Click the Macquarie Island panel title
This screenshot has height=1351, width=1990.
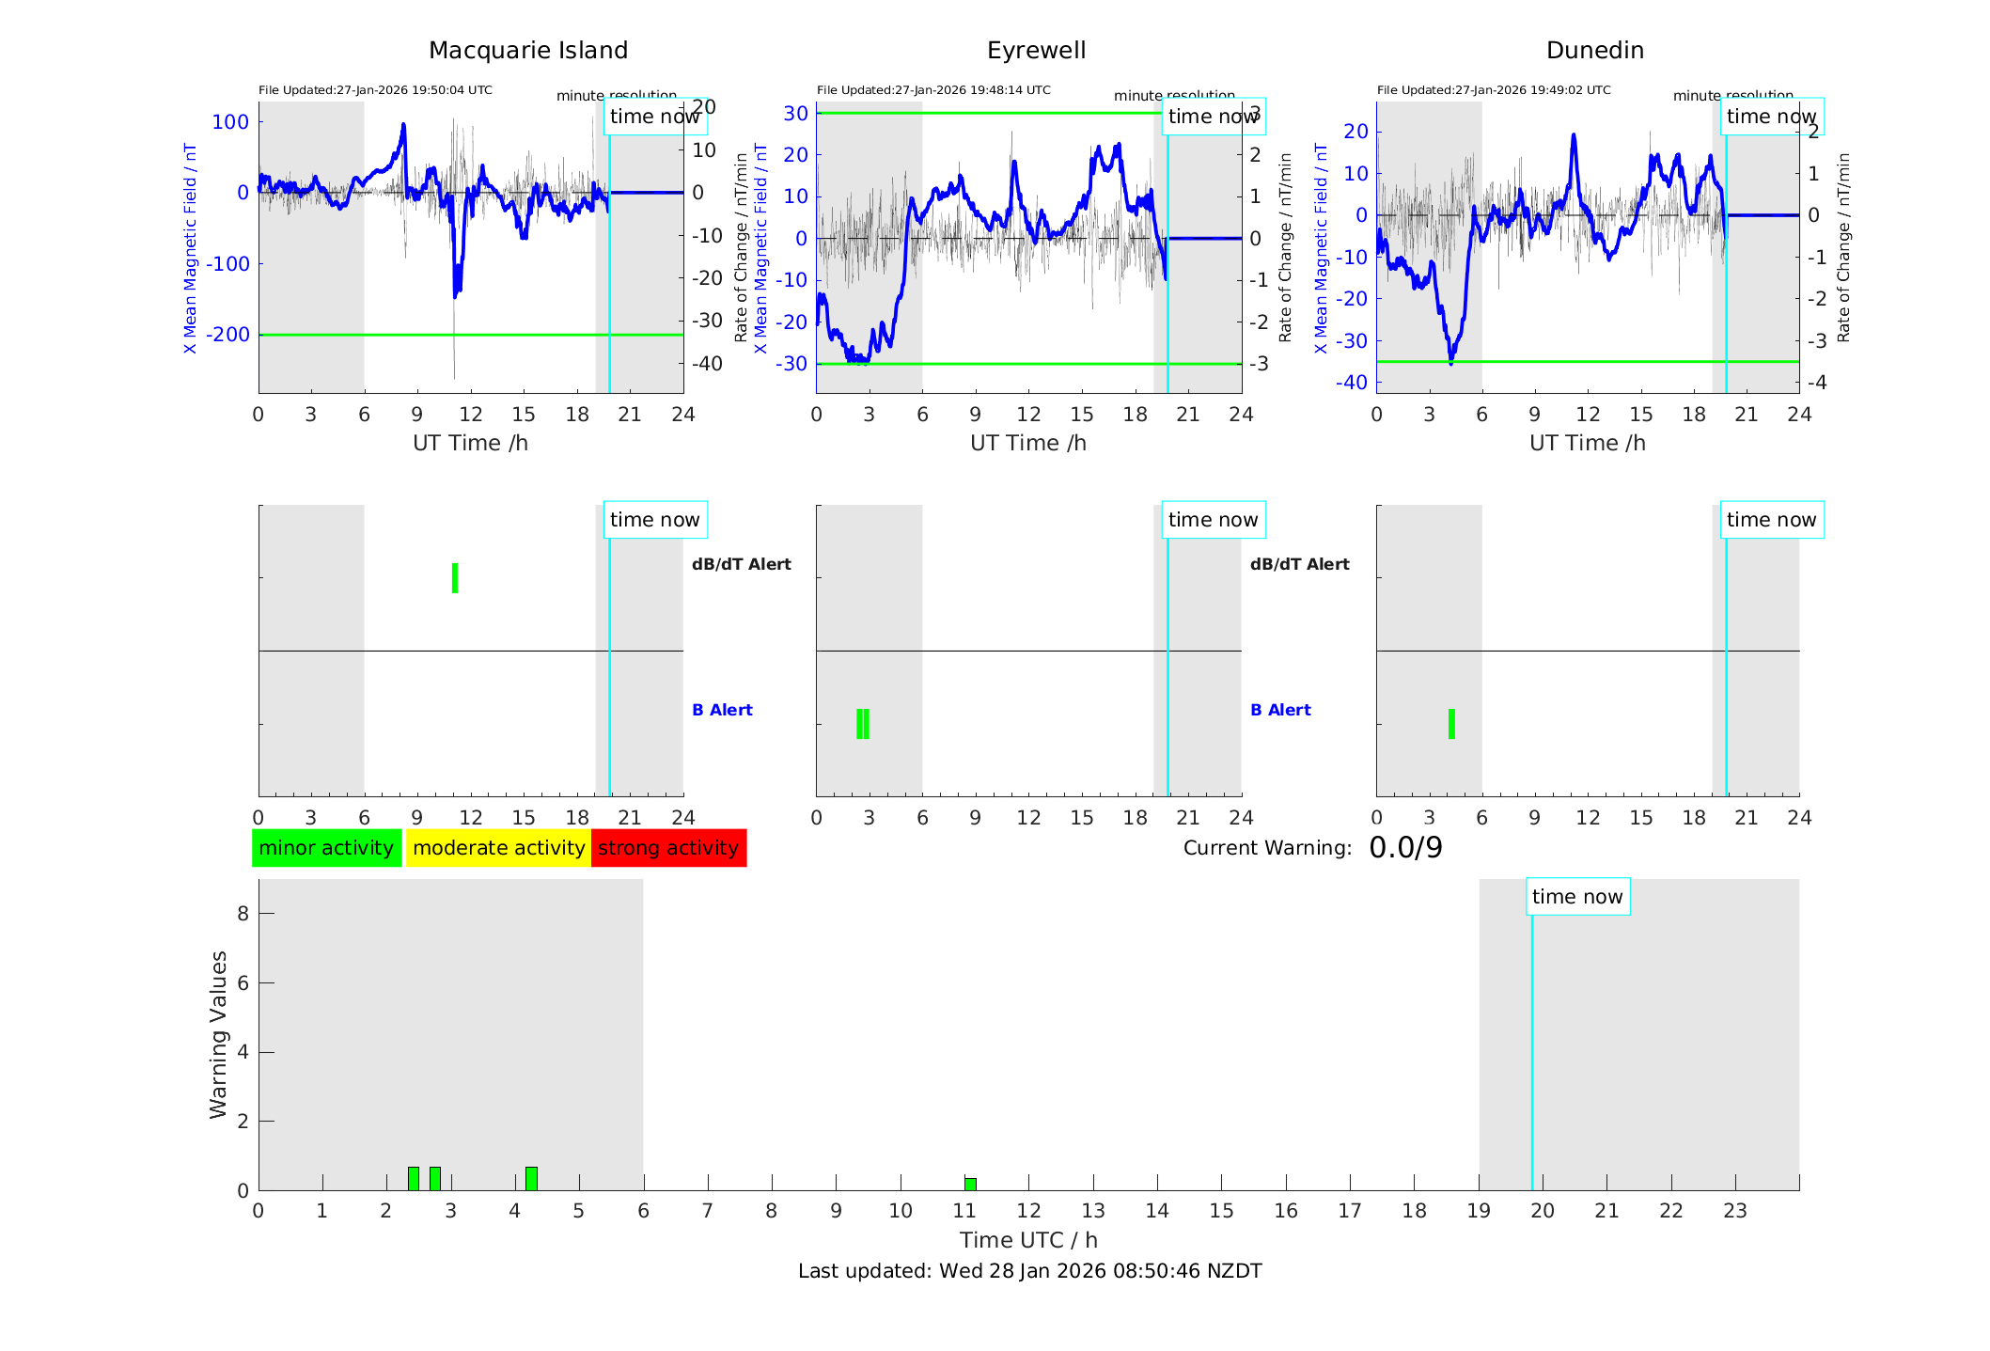pos(527,51)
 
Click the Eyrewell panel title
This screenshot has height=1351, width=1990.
pos(1036,51)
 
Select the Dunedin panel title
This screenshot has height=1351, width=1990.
pos(1594,51)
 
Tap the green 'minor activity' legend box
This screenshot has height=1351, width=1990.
pos(326,848)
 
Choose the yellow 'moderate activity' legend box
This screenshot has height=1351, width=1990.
pos(498,848)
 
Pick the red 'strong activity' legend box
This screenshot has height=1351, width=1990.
pos(668,848)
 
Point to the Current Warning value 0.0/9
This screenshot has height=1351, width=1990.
pos(1405,848)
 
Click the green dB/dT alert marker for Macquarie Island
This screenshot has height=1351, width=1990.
pos(455,578)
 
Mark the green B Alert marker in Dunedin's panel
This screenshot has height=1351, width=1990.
pos(1451,724)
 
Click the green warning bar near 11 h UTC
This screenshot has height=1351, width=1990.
pos(970,1184)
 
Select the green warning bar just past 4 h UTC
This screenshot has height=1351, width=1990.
pos(531,1178)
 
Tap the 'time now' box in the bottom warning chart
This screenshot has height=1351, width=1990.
pos(1577,897)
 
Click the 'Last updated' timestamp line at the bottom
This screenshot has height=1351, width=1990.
pos(1029,1271)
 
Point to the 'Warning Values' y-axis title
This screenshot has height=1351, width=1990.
pos(218,1034)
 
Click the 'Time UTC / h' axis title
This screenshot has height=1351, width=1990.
pos(1028,1240)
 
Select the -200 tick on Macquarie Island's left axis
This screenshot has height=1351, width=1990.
pos(227,335)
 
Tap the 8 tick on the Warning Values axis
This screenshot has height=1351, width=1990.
pos(243,914)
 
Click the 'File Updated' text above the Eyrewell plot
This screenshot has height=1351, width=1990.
pos(933,90)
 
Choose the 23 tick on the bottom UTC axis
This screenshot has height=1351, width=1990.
pos(1734,1211)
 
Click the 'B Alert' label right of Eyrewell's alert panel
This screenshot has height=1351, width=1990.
pos(1280,710)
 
